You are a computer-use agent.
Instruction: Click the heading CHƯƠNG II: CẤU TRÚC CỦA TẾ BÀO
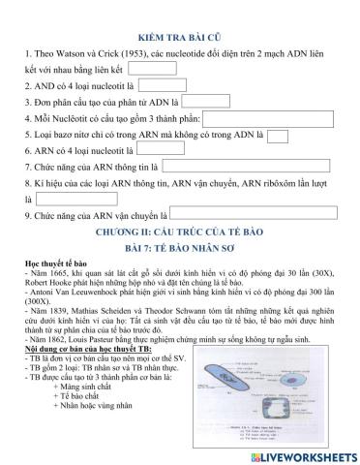pyautogui.click(x=179, y=233)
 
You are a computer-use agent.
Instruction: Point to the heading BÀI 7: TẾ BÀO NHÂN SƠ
pyautogui.click(x=179, y=251)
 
